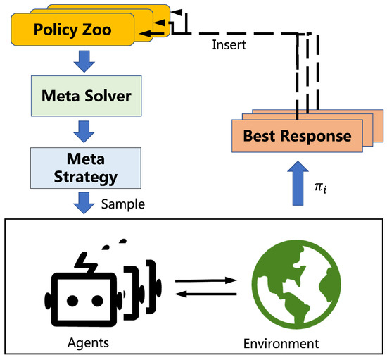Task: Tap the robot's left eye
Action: click(x=71, y=299)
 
